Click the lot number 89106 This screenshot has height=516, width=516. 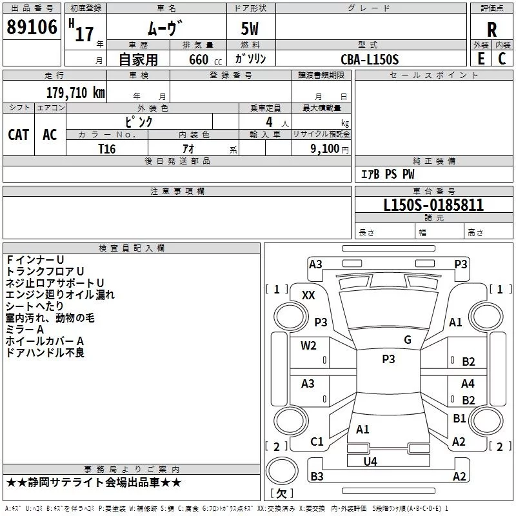coord(31,28)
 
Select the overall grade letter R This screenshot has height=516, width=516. coord(491,29)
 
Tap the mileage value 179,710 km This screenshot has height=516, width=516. coord(75,92)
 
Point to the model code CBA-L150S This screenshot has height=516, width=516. coord(370,59)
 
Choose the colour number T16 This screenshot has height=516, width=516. coord(107,148)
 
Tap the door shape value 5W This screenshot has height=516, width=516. coord(251,29)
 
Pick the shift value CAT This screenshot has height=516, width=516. coord(19,135)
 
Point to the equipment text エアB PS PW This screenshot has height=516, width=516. coord(387,174)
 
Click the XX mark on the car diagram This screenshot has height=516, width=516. coord(308,295)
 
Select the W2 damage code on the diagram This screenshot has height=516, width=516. coord(308,345)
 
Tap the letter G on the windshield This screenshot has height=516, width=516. coord(407,340)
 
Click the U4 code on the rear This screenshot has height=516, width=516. coord(370,461)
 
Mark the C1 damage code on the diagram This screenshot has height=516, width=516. coord(316,441)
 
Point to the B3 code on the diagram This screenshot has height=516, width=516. coord(317,477)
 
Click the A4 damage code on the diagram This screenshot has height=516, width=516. coord(468,384)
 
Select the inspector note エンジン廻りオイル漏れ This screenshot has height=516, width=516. coord(60,295)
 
